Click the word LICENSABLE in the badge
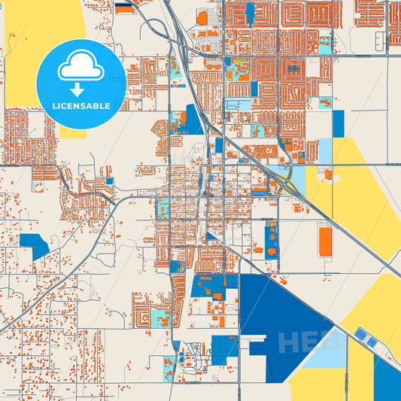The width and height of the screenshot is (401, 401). pos(81,105)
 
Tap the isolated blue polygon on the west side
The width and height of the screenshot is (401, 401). pos(35,245)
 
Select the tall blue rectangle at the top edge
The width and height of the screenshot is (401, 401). pos(250,13)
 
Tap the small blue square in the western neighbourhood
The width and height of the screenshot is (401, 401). pos(110,181)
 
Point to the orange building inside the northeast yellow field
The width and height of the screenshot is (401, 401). pos(327,174)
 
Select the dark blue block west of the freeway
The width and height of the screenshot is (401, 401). pos(193,120)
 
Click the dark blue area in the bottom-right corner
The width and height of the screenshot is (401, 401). pos(387,384)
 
